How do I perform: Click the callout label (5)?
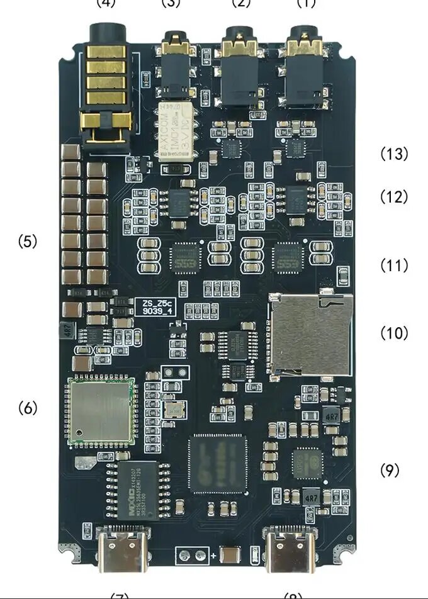click(28, 241)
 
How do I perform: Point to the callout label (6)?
click(28, 408)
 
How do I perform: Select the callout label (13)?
click(394, 154)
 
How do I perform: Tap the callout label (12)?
click(394, 197)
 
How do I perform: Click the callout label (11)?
click(394, 266)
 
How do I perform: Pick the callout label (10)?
click(394, 333)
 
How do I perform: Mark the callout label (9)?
click(390, 470)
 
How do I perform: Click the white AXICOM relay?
click(176, 132)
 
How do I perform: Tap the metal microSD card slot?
click(310, 337)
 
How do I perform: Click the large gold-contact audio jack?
click(106, 88)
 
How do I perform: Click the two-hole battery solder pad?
click(193, 555)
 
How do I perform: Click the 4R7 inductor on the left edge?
click(65, 329)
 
